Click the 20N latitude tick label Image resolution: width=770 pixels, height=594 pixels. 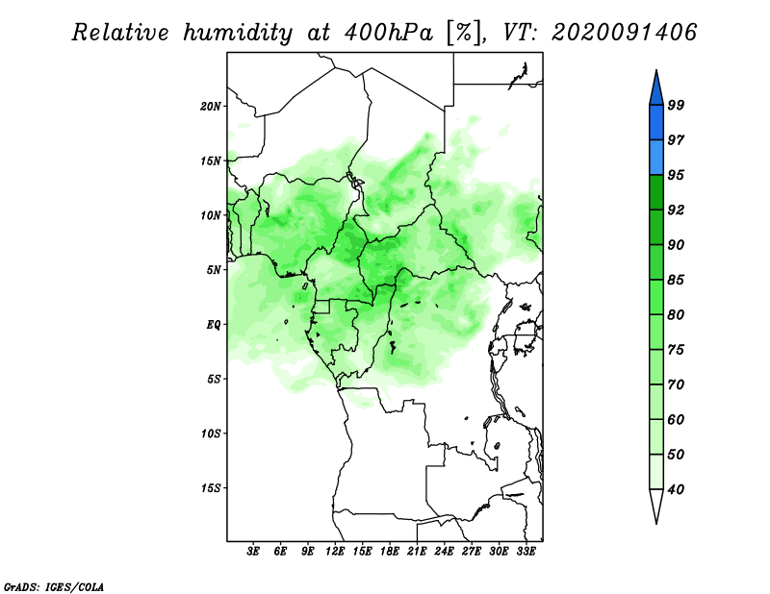[211, 107]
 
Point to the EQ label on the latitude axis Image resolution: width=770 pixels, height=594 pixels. [214, 325]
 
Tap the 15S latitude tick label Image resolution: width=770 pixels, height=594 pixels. [211, 488]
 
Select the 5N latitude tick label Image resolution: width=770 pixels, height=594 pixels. [214, 270]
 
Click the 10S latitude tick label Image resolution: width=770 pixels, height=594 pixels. [211, 433]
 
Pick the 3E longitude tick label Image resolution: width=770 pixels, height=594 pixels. [253, 552]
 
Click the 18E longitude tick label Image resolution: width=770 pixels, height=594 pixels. [390, 552]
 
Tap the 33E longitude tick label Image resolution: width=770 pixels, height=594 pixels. [526, 552]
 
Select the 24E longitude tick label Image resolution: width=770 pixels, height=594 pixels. [444, 552]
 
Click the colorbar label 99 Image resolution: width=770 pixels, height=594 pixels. [676, 105]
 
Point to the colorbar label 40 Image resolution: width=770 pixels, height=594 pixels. [676, 489]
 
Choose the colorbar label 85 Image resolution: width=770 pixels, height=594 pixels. [676, 280]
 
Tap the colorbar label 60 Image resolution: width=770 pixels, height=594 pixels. [676, 420]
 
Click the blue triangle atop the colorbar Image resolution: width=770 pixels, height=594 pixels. [656, 90]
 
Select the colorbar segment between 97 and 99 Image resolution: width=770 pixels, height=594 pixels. [656, 123]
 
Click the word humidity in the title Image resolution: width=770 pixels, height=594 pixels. [238, 33]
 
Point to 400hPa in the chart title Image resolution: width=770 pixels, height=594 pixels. [389, 33]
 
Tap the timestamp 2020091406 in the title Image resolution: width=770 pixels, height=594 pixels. [624, 33]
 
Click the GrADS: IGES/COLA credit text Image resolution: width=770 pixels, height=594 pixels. [53, 587]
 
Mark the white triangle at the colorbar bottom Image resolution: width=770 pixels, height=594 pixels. [656, 504]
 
